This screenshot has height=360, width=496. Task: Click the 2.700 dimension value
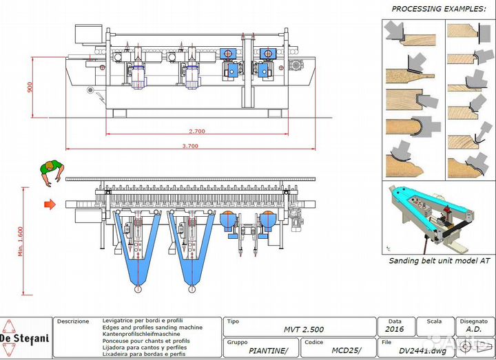197,131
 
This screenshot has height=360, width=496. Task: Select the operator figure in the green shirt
52,171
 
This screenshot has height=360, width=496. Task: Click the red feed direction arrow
50,204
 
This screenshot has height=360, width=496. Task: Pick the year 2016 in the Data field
395,330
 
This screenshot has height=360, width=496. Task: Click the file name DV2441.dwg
421,350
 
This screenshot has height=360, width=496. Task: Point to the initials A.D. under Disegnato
474,330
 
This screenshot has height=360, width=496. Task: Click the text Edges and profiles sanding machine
143,328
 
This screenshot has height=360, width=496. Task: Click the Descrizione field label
73,321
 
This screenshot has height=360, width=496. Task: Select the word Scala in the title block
434,321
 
